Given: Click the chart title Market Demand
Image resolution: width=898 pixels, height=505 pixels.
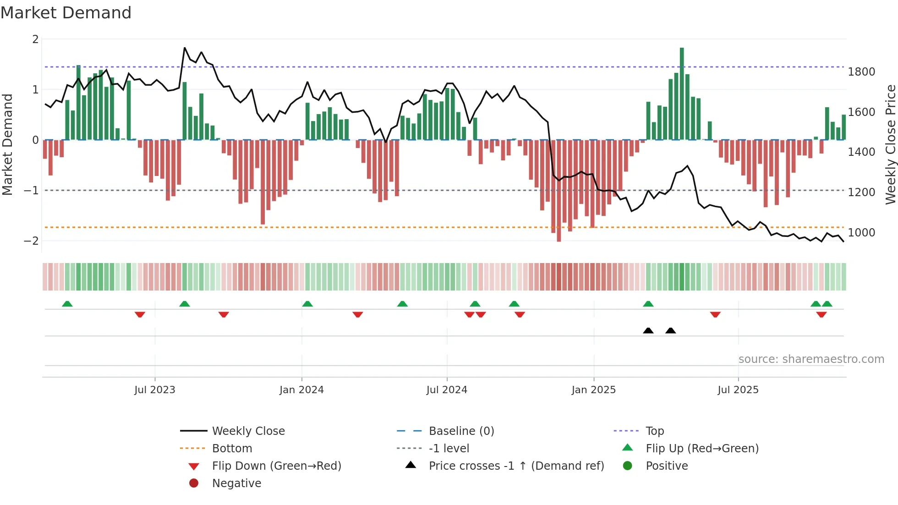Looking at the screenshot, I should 66,13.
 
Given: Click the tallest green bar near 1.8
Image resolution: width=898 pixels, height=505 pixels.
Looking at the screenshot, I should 682,92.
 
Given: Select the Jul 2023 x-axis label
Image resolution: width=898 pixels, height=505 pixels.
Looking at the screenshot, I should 155,390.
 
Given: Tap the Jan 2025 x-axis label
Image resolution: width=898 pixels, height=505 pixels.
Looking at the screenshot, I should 594,390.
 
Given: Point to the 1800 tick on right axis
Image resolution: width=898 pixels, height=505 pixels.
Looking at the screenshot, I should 861,72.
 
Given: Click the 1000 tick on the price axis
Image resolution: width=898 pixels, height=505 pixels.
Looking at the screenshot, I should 861,233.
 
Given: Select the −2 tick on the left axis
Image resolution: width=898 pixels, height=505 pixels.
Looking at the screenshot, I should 31,241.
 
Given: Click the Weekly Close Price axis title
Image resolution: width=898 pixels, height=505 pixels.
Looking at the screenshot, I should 890,144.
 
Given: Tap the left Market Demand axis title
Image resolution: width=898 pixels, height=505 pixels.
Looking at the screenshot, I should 7,144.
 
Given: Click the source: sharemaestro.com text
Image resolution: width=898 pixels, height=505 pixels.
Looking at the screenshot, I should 811,359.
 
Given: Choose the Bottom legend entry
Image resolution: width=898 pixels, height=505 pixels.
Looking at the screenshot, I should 232,449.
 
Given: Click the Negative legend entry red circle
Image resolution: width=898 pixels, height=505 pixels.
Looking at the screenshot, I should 194,483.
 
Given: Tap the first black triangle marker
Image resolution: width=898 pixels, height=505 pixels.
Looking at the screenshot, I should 648,330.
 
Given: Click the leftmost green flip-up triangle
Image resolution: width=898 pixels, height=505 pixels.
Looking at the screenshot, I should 67,304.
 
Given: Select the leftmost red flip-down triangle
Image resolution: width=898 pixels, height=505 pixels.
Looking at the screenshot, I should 140,314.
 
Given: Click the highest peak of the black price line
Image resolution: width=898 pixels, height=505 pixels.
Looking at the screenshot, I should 185,48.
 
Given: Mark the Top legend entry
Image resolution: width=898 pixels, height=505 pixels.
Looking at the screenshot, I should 655,431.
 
